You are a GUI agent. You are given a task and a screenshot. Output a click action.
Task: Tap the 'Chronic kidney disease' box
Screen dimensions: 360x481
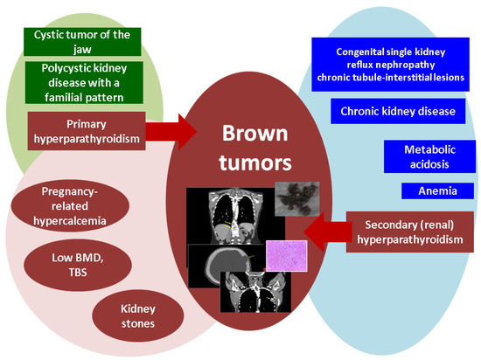pos(392,111)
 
